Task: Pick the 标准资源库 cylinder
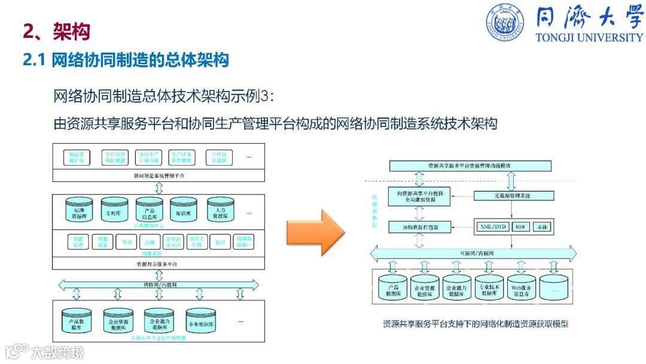(x=79, y=209)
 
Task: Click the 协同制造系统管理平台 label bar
(x=159, y=176)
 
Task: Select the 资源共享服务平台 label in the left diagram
(x=159, y=263)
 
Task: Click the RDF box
(x=522, y=227)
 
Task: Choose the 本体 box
(x=543, y=227)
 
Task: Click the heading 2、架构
(x=56, y=31)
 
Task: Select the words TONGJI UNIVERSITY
(x=589, y=37)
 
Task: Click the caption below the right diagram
(x=476, y=324)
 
